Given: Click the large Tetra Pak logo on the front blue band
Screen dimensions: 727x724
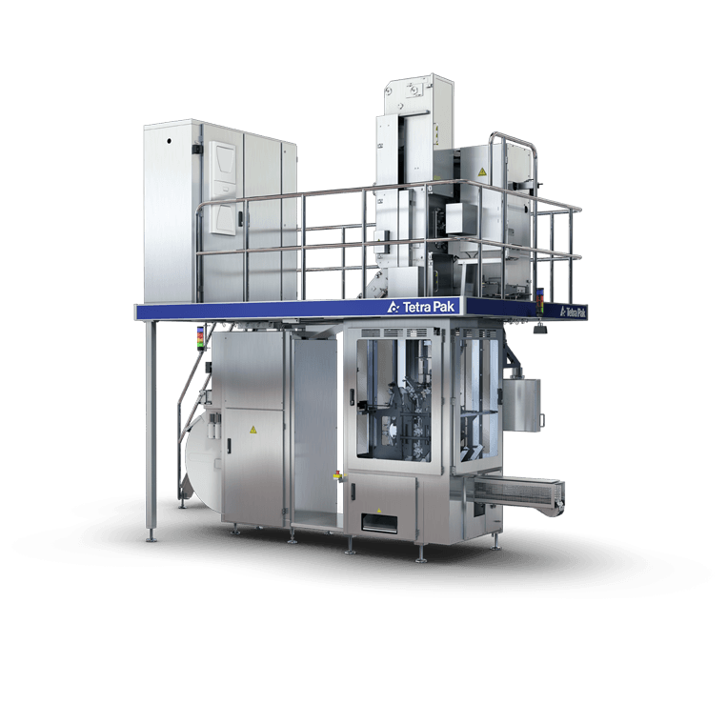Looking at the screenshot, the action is coord(422,307).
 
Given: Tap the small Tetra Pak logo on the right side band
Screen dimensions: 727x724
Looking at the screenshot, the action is coord(573,312).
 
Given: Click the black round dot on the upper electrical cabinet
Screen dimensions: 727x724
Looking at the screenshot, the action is coord(169,140).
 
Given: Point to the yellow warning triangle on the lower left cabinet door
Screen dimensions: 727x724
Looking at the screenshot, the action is coord(253,430).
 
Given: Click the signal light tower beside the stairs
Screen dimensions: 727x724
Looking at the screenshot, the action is coord(200,338).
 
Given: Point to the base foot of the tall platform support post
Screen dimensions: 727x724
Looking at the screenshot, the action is coord(151,536).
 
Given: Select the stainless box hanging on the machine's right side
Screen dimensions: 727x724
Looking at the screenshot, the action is coord(522,404).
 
